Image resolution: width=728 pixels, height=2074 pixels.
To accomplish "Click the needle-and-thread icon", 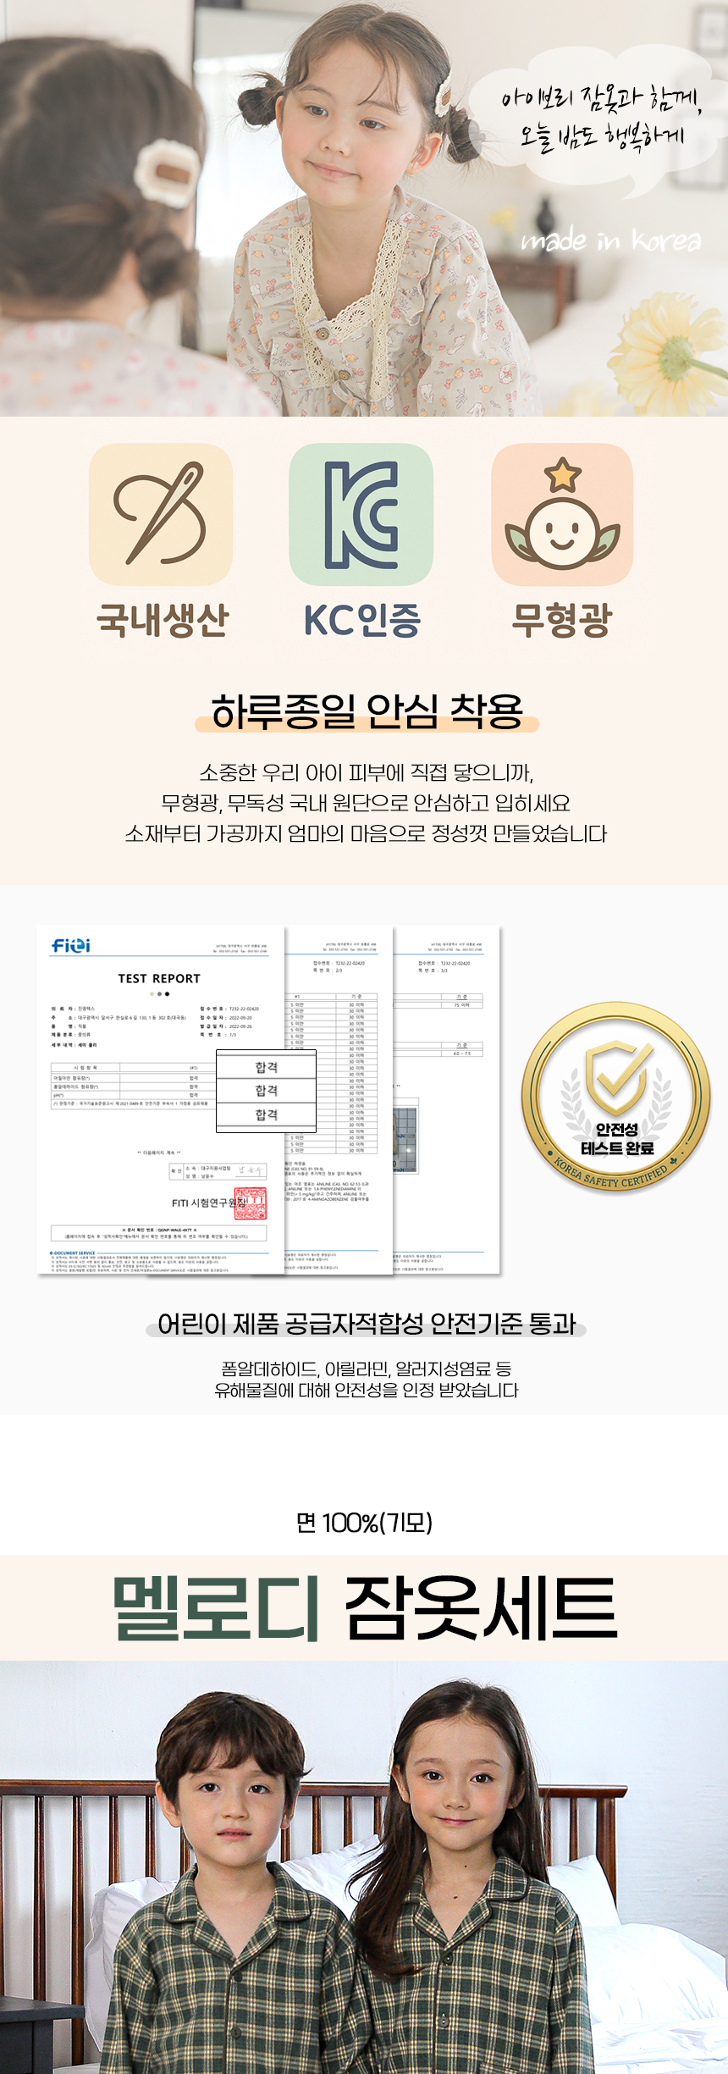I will (161, 514).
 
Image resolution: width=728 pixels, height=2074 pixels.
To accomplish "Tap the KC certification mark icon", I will (361, 514).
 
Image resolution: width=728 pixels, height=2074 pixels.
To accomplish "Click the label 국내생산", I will (163, 619).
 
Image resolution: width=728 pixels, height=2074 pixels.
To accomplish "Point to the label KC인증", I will (362, 620).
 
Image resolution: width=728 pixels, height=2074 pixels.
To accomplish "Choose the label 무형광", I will (561, 620).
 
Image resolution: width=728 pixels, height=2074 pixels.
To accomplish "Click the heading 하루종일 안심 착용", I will (367, 711).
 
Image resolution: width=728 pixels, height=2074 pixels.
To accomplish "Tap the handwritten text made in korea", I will (611, 241).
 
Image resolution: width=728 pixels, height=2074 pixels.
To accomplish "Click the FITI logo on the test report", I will (71, 945).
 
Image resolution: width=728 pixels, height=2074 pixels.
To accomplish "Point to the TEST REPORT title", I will (159, 978).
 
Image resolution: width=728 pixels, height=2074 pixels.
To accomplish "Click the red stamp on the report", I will (250, 1203).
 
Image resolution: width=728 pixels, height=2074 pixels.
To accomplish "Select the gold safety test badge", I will (615, 1098).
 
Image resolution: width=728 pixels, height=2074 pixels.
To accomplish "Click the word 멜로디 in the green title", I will (217, 1607).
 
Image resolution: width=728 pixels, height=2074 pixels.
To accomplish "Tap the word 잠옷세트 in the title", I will (481, 1607).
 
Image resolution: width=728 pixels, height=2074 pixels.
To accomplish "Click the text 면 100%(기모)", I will (364, 1523).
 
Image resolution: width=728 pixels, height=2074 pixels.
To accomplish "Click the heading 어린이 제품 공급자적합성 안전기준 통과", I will (367, 1324).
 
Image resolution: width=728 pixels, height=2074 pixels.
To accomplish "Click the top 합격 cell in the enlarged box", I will (267, 1067).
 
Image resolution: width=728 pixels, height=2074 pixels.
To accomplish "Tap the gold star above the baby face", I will (563, 475).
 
